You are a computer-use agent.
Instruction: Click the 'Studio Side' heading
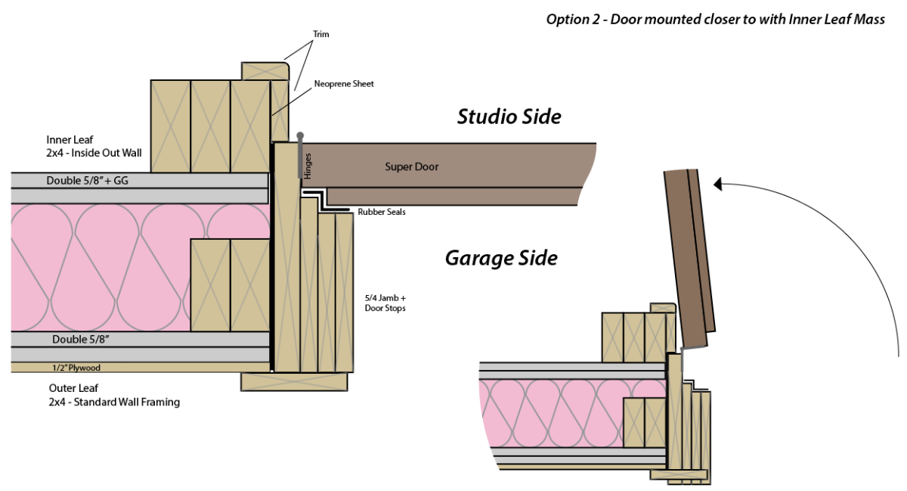[x=509, y=117]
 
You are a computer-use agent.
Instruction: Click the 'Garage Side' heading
[x=501, y=258]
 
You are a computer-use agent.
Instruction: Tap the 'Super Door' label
[x=411, y=166]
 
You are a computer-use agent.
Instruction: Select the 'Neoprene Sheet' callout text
[x=344, y=84]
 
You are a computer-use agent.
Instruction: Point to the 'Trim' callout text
[x=321, y=34]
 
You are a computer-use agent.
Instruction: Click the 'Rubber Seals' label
[x=382, y=213]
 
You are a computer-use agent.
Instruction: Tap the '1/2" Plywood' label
[x=76, y=368]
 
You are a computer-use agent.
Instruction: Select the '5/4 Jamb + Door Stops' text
[x=385, y=303]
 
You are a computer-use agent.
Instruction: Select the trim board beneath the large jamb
[x=294, y=381]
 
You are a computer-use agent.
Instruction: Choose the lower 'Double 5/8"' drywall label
[x=81, y=340]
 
